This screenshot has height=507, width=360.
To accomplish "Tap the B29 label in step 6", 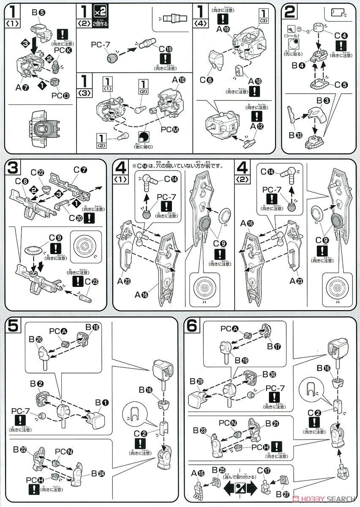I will (x=198, y=382).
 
